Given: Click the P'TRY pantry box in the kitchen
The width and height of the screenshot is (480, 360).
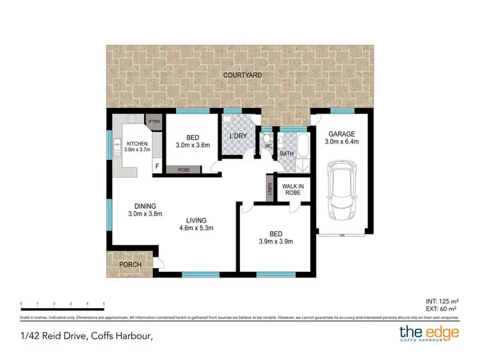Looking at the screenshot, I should [x=154, y=120].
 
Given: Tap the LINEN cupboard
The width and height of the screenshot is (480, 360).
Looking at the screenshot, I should [x=269, y=189].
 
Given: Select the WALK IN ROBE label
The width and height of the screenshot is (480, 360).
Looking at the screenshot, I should [x=292, y=190].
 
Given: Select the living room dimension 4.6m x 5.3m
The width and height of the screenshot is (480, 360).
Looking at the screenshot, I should [x=195, y=228].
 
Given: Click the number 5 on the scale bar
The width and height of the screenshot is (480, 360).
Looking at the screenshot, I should [x=104, y=304].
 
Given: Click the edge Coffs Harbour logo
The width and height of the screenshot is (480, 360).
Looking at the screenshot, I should [x=428, y=333].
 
